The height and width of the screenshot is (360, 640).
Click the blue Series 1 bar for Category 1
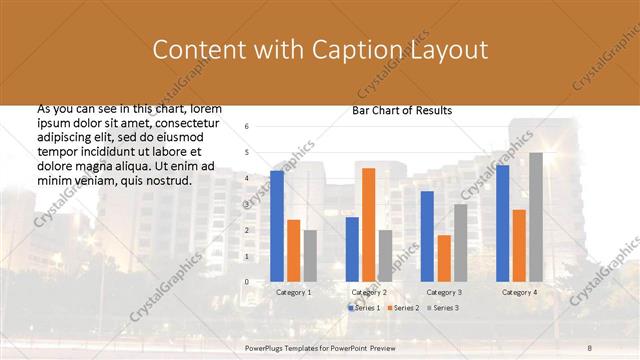pyautogui.click(x=277, y=226)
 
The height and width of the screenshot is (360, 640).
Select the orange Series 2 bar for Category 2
pyautogui.click(x=368, y=225)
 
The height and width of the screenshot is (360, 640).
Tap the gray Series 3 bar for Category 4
pyautogui.click(x=536, y=217)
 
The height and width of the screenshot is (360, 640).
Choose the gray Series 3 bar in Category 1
pyautogui.click(x=310, y=256)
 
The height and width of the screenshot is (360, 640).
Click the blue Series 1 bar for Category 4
pyautogui.click(x=502, y=223)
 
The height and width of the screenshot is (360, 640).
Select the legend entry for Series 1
pyautogui.click(x=364, y=308)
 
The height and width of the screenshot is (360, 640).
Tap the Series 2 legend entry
pyautogui.click(x=402, y=308)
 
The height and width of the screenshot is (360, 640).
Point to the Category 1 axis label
pyautogui.click(x=293, y=292)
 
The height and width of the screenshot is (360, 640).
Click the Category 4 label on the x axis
pyautogui.click(x=519, y=292)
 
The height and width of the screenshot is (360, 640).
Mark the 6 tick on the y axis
pyautogui.click(x=247, y=126)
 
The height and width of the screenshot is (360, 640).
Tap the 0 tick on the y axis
pyautogui.click(x=247, y=282)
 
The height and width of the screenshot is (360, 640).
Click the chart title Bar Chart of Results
pyautogui.click(x=402, y=110)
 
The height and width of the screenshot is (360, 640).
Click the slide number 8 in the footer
pyautogui.click(x=590, y=345)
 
